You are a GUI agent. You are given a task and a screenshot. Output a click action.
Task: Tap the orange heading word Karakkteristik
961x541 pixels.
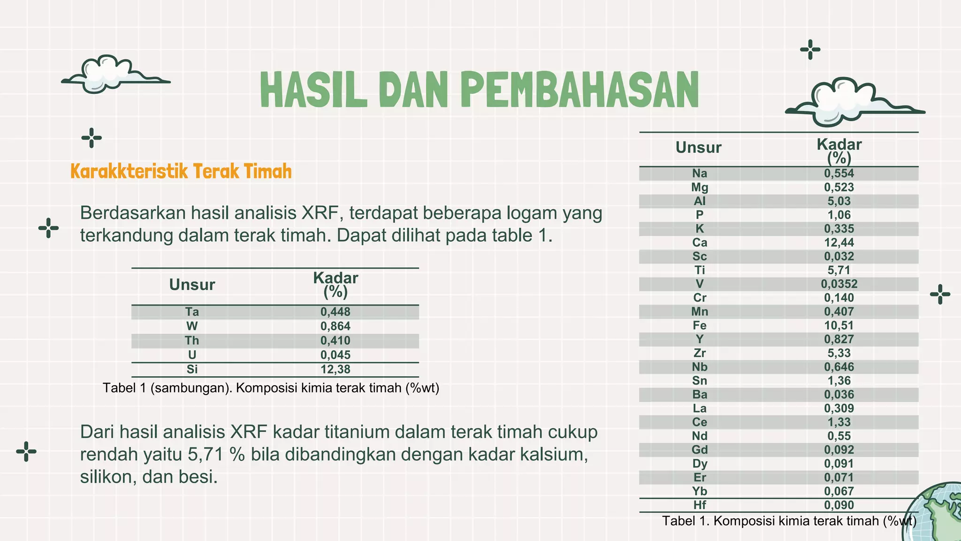pyautogui.click(x=129, y=171)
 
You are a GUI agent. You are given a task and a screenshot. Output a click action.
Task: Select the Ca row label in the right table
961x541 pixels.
pyautogui.click(x=699, y=243)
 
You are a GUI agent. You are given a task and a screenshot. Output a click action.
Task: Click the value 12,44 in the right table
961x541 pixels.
pyautogui.click(x=839, y=243)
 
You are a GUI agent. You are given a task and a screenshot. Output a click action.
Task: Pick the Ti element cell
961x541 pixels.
pyautogui.click(x=699, y=270)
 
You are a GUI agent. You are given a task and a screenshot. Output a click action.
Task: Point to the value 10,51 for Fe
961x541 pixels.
pyautogui.click(x=839, y=325)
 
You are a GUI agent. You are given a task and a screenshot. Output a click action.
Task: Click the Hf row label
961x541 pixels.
pyautogui.click(x=699, y=505)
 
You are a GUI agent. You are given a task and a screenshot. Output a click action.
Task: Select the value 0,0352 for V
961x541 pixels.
pyautogui.click(x=839, y=284)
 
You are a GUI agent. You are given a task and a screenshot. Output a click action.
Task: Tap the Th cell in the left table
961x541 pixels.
pyautogui.click(x=192, y=340)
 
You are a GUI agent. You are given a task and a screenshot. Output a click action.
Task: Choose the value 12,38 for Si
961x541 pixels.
pyautogui.click(x=336, y=369)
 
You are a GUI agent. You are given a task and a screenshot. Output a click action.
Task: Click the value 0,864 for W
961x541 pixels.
pyautogui.click(x=336, y=326)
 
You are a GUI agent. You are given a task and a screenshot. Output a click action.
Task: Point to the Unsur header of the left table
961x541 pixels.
pyautogui.click(x=192, y=285)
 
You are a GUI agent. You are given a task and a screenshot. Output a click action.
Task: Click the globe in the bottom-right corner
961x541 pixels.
pyautogui.click(x=936, y=514)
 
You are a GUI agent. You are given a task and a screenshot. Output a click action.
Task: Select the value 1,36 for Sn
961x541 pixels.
pyautogui.click(x=839, y=381)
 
